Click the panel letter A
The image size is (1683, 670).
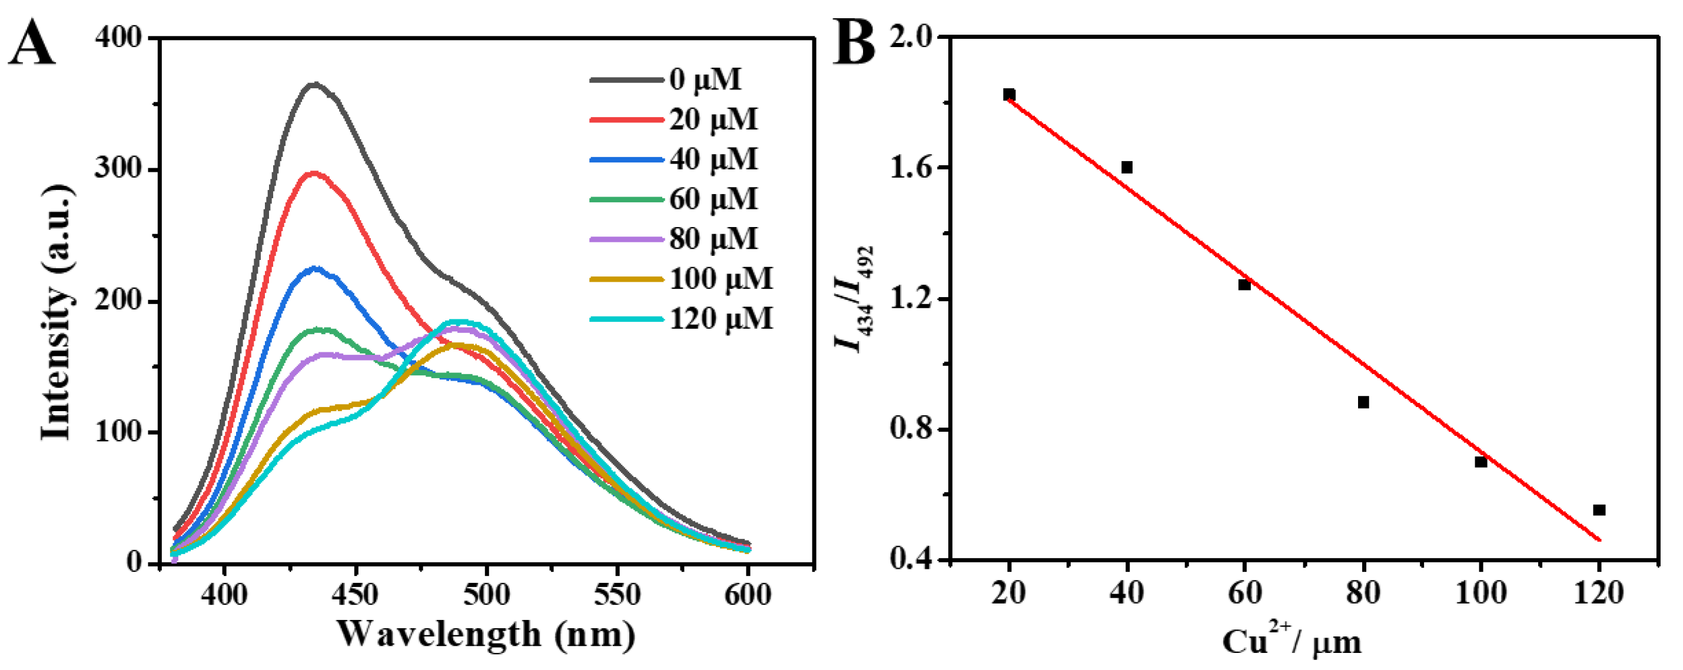coord(31,43)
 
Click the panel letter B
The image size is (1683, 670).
coord(854,43)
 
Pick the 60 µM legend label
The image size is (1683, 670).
coord(713,199)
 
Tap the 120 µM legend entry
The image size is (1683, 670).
coord(720,319)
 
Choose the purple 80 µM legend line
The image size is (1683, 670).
coord(626,239)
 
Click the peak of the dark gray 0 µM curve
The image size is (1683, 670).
coord(315,84)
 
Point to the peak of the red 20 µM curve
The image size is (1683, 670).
coord(315,173)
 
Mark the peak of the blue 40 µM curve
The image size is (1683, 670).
coord(315,268)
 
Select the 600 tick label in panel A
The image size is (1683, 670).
coord(748,595)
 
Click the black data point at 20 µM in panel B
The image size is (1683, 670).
coord(1010,95)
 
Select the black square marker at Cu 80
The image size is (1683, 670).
coord(1363,402)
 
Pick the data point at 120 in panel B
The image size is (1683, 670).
coord(1599,510)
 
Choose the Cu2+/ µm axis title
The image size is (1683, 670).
coord(1292,642)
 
